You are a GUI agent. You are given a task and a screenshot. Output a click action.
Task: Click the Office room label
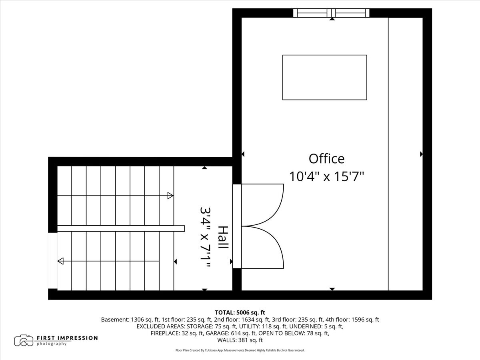pos(326,159)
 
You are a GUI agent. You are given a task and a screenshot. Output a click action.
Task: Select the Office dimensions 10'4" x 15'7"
pos(326,176)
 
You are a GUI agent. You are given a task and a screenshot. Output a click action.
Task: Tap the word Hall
pos(223,237)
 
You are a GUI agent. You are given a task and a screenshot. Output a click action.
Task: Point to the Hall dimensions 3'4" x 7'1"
pos(206,237)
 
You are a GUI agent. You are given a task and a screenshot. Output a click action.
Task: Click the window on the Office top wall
pos(331,13)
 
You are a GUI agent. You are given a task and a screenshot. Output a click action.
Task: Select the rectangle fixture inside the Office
pos(324,77)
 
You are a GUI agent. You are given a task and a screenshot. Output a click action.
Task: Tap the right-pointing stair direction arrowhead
pos(170,196)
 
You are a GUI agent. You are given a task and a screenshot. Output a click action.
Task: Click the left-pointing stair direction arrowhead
pos(60,261)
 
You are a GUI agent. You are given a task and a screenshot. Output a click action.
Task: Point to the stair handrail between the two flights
pos(121,228)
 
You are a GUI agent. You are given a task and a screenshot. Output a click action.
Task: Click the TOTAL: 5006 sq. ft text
pos(240,312)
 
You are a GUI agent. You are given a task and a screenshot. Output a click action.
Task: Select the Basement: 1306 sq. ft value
pos(130,320)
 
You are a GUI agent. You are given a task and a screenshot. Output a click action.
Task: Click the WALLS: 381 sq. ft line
pos(240,340)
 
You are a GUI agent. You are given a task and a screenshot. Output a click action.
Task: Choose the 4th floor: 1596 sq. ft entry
pos(352,320)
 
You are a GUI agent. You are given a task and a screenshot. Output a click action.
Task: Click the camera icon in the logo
pos(24,340)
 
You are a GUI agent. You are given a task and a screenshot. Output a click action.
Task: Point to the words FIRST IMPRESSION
pos(67,338)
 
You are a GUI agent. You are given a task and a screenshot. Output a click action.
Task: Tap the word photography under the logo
pos(52,344)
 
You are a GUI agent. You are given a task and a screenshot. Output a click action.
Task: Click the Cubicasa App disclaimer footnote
pos(240,350)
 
